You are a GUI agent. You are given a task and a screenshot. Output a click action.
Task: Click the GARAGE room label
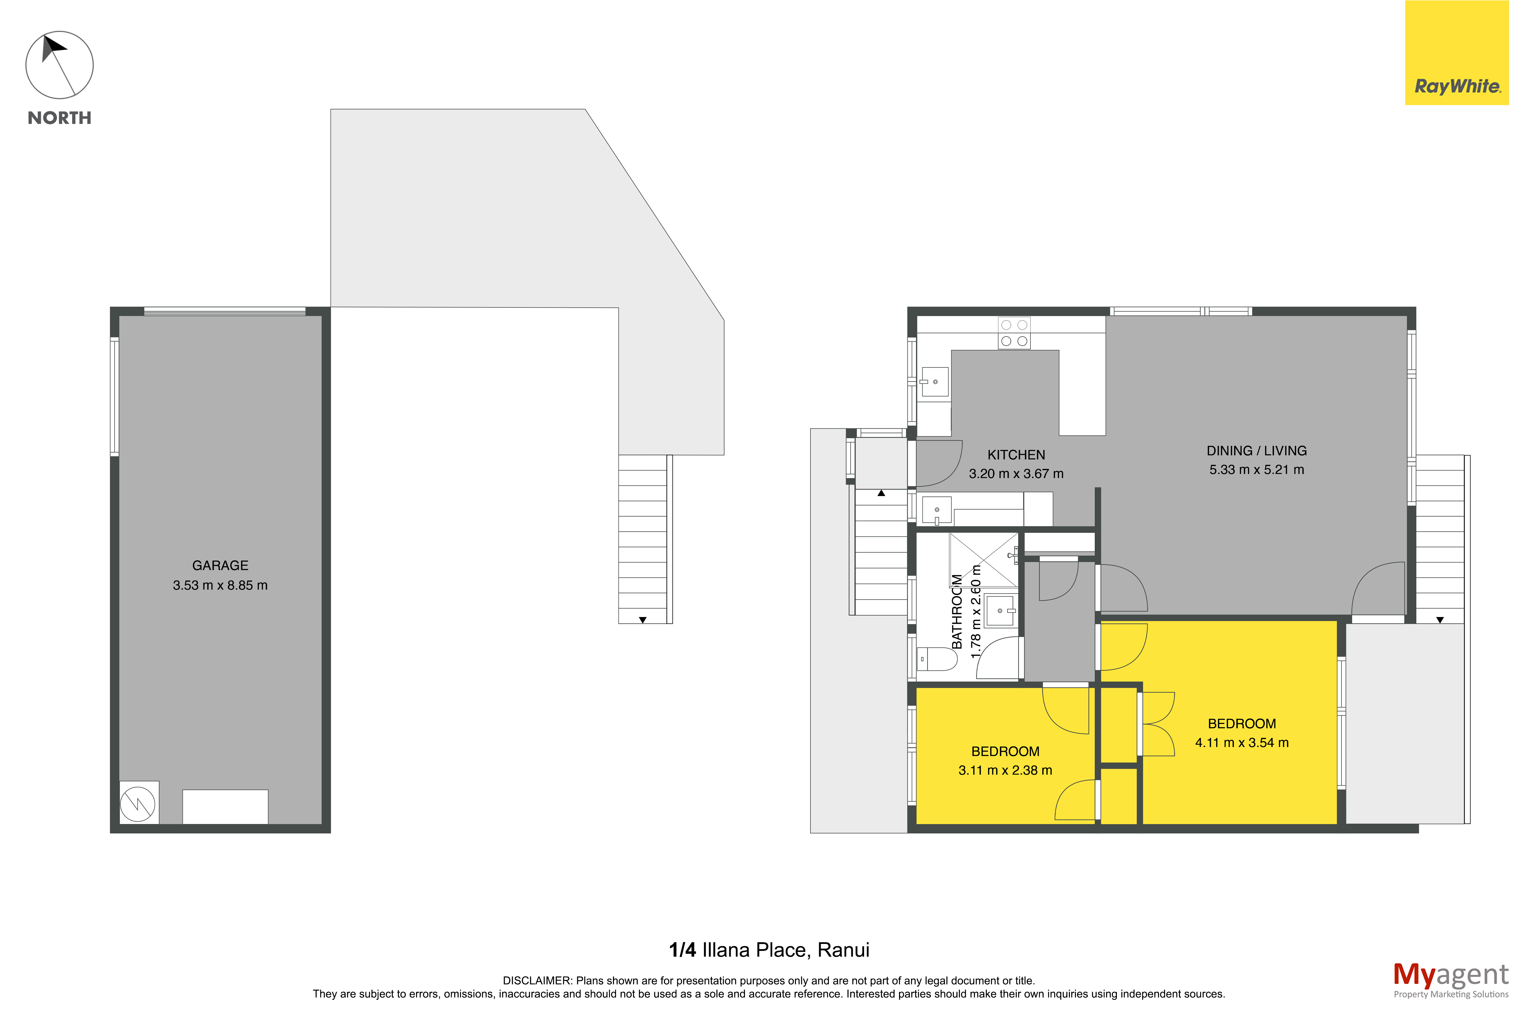[220, 565]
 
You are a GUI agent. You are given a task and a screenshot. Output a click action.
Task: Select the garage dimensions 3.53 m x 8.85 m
[220, 585]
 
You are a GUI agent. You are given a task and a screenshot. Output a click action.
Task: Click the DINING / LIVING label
[1256, 451]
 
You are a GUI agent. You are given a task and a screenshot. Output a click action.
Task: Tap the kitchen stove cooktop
[1014, 333]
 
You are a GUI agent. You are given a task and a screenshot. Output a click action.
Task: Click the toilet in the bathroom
[937, 659]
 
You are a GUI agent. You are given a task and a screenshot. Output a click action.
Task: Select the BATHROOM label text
[957, 611]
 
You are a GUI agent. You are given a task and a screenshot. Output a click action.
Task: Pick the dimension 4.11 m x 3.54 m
[1242, 743]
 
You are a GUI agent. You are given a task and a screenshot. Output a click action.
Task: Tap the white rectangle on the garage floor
[225, 807]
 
